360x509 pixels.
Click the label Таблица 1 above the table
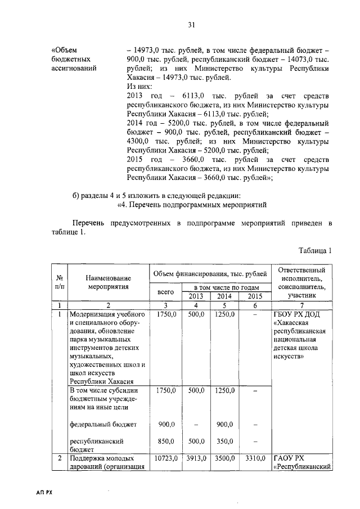pyautogui.click(x=315, y=250)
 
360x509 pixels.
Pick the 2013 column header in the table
pyautogui.click(x=196, y=296)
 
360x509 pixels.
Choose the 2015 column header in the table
pyautogui.click(x=254, y=296)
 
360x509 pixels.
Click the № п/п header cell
pyautogui.click(x=58, y=282)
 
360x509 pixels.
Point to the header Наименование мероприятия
pyautogui.click(x=109, y=282)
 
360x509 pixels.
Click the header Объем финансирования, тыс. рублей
pyautogui.click(x=210, y=273)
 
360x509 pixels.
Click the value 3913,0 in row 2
pyautogui.click(x=196, y=459)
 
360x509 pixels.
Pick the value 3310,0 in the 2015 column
pyautogui.click(x=254, y=459)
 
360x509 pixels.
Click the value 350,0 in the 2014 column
pyautogui.click(x=224, y=442)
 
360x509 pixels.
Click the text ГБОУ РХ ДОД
pyautogui.click(x=295, y=314)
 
